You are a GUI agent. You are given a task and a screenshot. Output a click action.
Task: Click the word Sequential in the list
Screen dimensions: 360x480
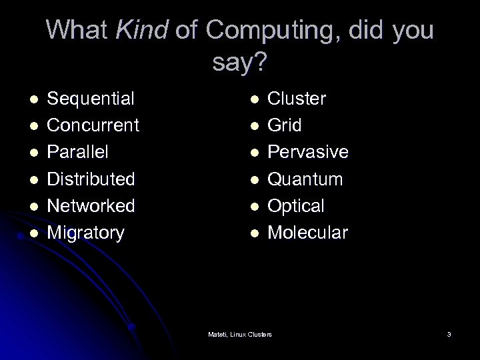tap(91, 99)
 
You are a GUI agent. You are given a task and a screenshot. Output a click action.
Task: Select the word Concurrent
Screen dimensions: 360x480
tap(93, 125)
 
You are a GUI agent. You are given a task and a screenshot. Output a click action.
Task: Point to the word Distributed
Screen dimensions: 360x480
tap(91, 179)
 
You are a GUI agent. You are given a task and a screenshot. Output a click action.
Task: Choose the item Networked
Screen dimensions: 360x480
tap(91, 205)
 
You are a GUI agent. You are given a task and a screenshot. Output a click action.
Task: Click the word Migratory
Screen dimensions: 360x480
tap(86, 233)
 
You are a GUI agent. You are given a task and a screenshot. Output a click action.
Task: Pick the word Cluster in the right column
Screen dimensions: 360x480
tap(297, 99)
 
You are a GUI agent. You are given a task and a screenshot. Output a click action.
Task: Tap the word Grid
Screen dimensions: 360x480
tap(285, 125)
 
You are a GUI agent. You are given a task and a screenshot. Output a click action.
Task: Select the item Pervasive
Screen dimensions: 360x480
tap(307, 152)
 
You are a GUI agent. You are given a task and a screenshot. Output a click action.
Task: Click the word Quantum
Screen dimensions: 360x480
tap(305, 179)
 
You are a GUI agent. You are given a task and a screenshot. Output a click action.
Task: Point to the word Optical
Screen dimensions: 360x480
tap(295, 205)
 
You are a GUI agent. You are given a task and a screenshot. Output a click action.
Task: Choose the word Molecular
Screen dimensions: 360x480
tap(307, 232)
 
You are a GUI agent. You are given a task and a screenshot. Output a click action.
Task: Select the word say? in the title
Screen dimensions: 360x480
tap(240, 63)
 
